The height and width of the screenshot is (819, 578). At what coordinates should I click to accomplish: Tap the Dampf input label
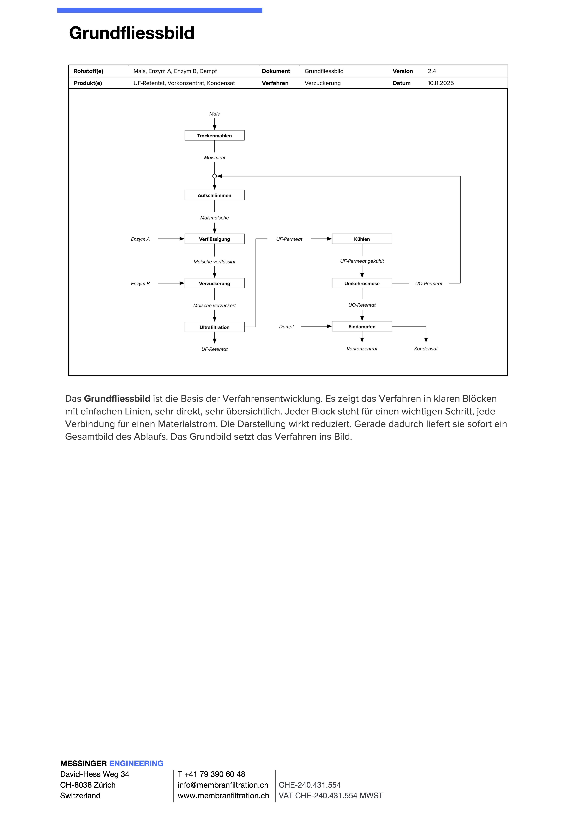tap(287, 326)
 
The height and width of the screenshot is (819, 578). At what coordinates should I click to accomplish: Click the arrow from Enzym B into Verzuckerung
tap(171, 283)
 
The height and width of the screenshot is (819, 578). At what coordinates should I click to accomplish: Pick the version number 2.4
tap(432, 71)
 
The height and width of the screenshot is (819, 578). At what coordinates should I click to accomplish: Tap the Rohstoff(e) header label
tap(88, 71)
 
